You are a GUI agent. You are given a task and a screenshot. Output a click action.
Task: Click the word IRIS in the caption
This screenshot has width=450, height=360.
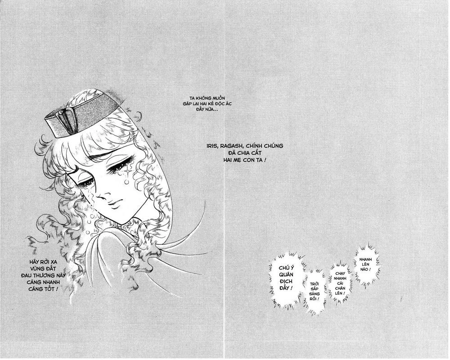click(212, 146)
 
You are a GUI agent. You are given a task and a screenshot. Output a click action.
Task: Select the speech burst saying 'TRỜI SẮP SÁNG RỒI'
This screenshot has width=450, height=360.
click(314, 292)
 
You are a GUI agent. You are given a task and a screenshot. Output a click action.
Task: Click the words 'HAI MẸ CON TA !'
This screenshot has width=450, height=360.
click(244, 160)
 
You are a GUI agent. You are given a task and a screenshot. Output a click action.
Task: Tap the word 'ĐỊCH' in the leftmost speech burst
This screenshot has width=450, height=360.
click(286, 281)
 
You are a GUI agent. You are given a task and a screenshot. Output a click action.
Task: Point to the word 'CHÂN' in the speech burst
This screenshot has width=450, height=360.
click(340, 288)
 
